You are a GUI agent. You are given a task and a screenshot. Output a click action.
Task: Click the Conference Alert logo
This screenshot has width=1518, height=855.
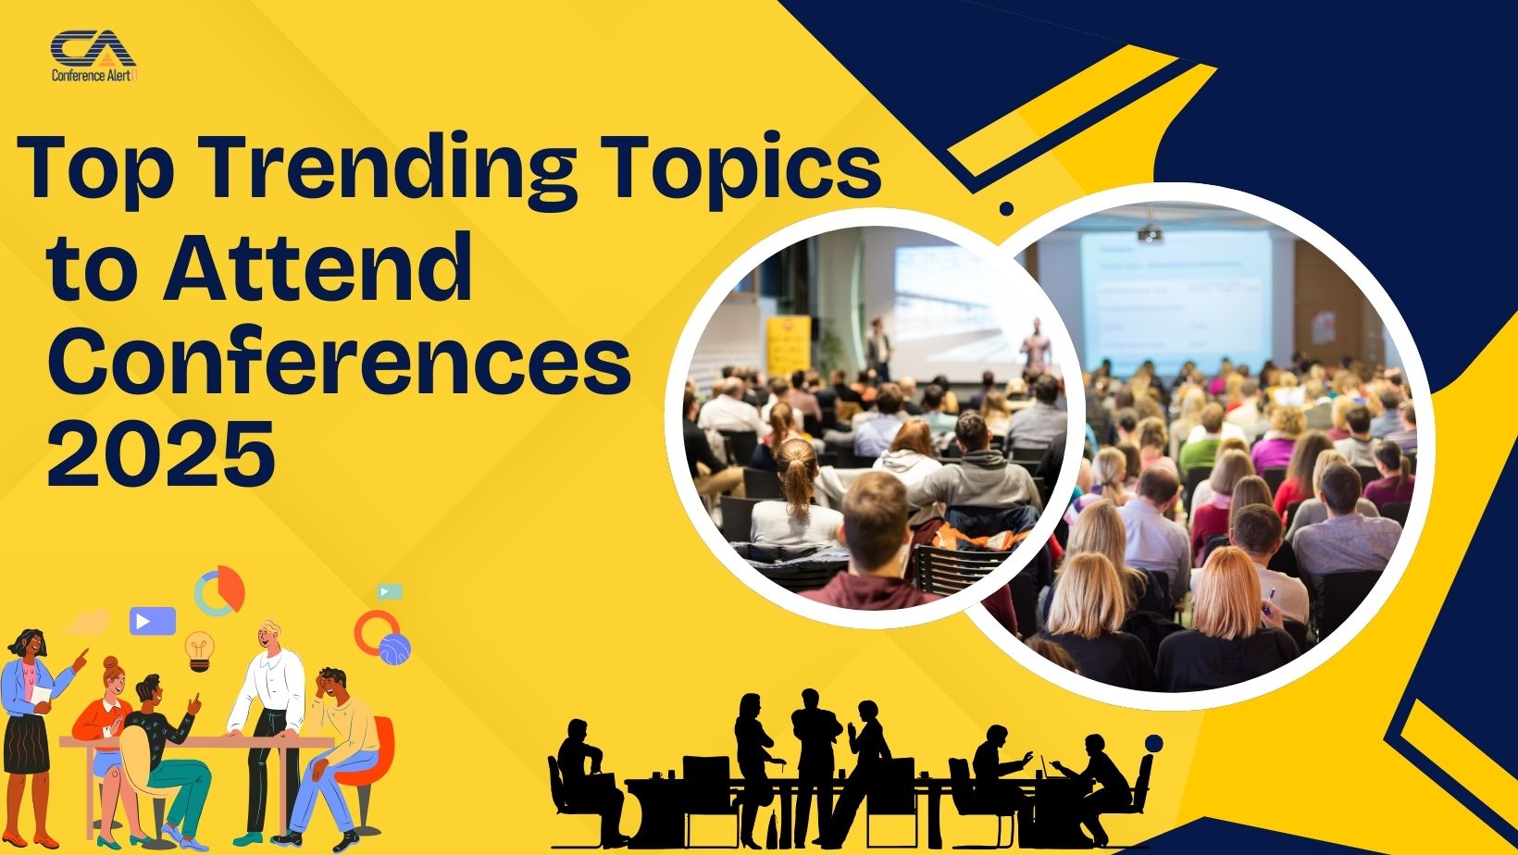click(93, 57)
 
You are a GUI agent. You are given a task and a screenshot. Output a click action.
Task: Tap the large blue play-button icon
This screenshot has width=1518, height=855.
click(152, 620)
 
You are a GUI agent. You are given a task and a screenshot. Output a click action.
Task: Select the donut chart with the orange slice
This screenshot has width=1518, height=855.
click(220, 590)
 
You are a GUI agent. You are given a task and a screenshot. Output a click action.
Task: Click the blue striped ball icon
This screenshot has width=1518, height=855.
click(395, 649)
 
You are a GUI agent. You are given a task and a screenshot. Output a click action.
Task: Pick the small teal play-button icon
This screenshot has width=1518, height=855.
click(390, 591)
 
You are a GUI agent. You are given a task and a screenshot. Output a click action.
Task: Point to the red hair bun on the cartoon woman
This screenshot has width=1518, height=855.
click(110, 664)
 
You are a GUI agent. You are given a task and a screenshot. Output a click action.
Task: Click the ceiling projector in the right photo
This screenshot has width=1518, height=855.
click(1150, 233)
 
